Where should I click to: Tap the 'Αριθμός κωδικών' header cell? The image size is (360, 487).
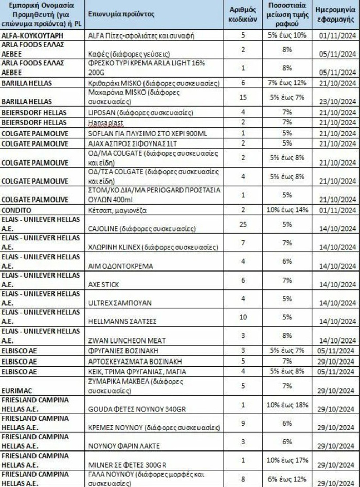pyautogui.click(x=243, y=14)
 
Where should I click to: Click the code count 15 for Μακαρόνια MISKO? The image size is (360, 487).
pyautogui.click(x=243, y=97)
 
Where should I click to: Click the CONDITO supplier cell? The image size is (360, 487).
pyautogui.click(x=17, y=210)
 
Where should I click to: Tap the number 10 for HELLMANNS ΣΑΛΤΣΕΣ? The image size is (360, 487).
pyautogui.click(x=243, y=317)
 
